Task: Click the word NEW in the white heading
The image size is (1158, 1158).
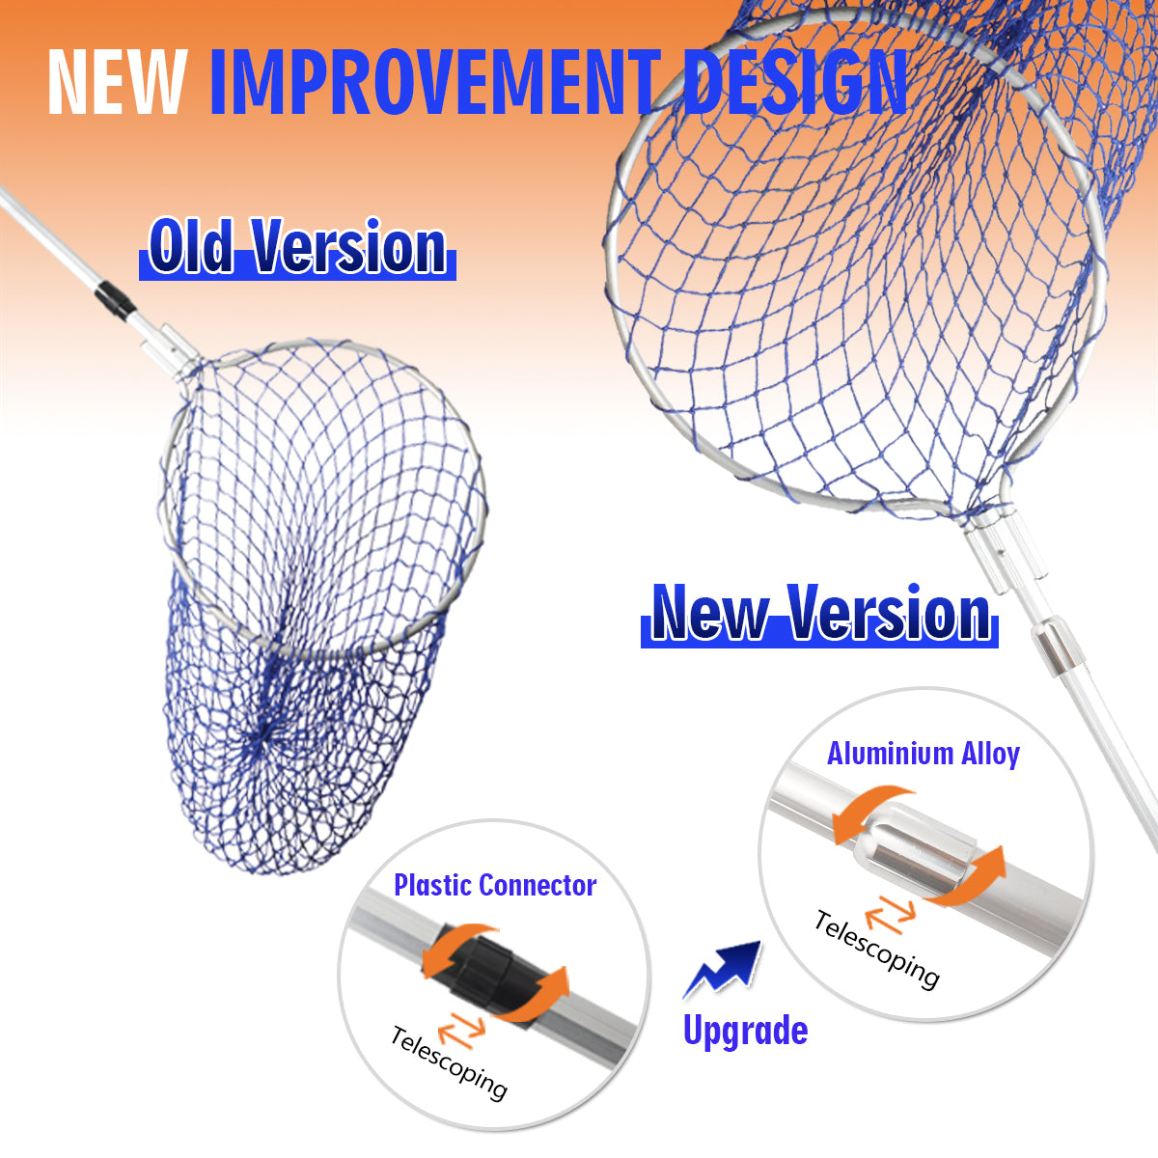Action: tap(116, 82)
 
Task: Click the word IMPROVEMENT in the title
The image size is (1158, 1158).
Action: tap(435, 82)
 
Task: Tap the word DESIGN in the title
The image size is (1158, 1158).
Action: tap(794, 82)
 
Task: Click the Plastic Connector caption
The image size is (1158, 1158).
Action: tap(495, 885)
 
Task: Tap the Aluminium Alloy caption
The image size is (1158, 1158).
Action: tap(924, 754)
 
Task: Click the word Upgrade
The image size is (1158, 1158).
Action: tap(746, 1033)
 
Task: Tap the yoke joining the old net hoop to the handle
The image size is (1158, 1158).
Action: tap(175, 353)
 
